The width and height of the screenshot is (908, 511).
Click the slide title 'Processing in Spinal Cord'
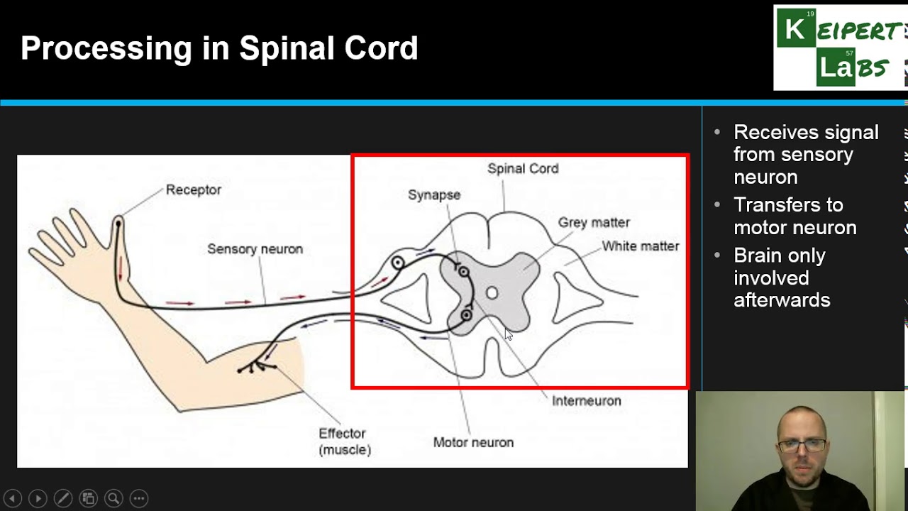coord(219,48)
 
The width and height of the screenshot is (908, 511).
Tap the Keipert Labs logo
coord(840,48)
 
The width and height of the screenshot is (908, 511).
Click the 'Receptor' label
coord(193,190)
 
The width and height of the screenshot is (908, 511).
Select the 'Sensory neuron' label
coord(255,249)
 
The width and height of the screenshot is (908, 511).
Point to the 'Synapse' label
coord(433,195)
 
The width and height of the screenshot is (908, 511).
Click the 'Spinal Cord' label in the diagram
coord(523,169)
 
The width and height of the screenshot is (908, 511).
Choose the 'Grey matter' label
coord(594,223)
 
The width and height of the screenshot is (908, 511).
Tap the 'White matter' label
coord(640,246)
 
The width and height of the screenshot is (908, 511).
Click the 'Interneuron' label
coord(586,401)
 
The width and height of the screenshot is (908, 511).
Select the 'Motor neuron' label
coord(473,443)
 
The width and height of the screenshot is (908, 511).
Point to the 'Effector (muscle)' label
coord(344,441)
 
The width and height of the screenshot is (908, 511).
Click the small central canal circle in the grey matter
coord(492,293)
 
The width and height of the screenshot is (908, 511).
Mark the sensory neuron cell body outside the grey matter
coord(398,263)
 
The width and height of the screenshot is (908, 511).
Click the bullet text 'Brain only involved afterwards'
coord(781,278)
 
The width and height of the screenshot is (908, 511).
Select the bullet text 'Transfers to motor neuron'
coord(794,216)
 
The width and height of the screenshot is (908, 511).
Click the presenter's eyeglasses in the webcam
coord(802,446)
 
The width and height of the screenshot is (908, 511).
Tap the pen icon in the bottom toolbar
coord(62,498)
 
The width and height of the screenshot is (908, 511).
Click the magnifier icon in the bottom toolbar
coord(113,498)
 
